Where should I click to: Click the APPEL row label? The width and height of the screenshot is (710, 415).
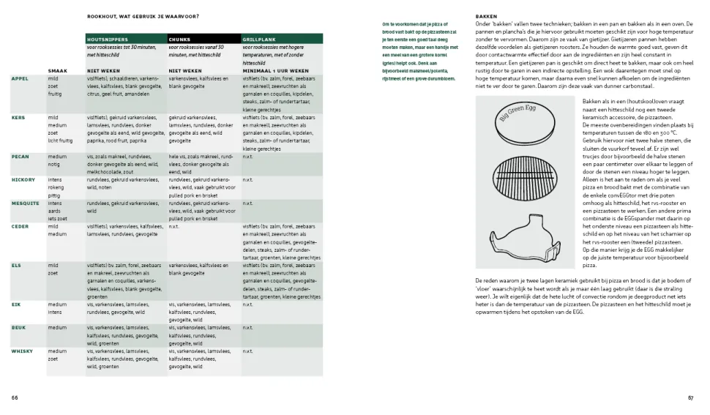(x=20, y=78)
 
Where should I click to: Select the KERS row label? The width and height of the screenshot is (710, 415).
(x=18, y=117)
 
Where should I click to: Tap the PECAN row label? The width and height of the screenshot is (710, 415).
(x=20, y=157)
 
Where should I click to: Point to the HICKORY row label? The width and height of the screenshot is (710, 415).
(x=23, y=179)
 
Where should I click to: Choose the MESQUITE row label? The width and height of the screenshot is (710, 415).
(x=25, y=203)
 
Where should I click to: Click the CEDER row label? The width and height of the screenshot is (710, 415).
(x=20, y=227)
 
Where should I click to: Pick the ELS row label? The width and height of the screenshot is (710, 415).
(x=16, y=266)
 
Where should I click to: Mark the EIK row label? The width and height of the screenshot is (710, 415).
(x=16, y=304)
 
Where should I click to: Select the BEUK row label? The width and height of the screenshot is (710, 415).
(x=18, y=328)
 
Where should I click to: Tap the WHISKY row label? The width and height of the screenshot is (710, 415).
(x=22, y=351)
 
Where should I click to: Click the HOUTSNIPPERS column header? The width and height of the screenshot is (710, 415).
(x=108, y=40)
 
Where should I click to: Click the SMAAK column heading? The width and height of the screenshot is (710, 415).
(x=57, y=71)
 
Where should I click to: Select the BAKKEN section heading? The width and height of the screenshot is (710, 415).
(x=487, y=16)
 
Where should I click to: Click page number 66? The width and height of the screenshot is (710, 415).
(x=15, y=397)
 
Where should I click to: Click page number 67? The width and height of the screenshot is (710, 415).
(x=690, y=397)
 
